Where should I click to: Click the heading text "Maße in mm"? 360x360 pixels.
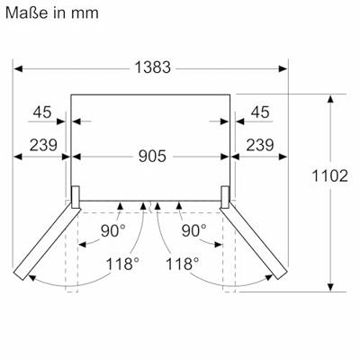click(x=52, y=13)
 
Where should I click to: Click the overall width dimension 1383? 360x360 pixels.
click(x=153, y=67)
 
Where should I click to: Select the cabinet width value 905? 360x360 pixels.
click(x=152, y=157)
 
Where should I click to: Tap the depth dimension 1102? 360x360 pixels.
click(x=330, y=175)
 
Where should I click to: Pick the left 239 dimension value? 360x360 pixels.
click(x=43, y=145)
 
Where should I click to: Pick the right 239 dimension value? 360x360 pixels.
click(x=260, y=145)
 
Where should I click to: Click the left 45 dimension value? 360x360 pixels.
click(x=42, y=112)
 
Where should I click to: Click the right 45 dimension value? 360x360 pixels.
click(x=260, y=112)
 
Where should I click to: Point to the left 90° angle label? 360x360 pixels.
click(x=113, y=231)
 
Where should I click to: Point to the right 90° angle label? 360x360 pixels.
click(x=194, y=231)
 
